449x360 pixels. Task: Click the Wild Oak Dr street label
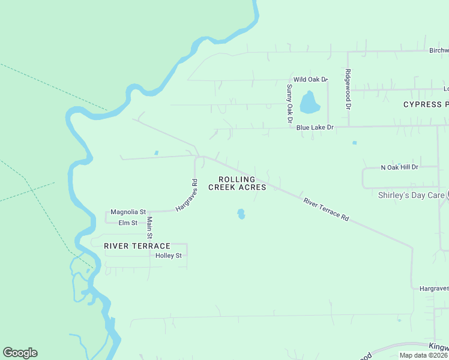coord(310,79)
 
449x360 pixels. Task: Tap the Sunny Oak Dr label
coord(289,103)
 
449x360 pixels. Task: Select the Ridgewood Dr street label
coord(347,89)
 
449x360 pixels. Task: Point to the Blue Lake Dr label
coord(315,128)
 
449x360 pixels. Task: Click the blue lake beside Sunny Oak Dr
coord(309,103)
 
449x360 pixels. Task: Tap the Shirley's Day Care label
coord(411,195)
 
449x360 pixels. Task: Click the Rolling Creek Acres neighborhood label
coord(237,183)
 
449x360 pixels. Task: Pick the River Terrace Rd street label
coord(326,209)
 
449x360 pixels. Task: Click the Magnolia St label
coord(128,212)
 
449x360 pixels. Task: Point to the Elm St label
coord(128,223)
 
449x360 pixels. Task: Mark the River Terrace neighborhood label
coord(137,246)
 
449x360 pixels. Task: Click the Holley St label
coord(168,256)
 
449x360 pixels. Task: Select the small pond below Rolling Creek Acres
coord(241,214)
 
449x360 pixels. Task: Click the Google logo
coord(20,353)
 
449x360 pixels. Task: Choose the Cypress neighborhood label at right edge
coord(426,104)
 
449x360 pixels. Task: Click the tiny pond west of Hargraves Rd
coord(156,153)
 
